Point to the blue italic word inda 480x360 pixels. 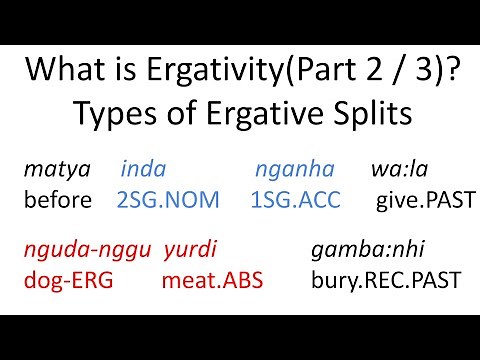click(143, 170)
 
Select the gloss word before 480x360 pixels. click(59, 199)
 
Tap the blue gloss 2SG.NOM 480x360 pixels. click(168, 199)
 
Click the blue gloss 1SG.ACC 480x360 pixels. click(296, 199)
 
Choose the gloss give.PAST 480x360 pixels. click(424, 199)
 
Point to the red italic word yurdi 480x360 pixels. click(189, 249)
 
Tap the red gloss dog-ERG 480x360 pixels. click(69, 279)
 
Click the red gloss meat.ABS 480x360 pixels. click(211, 279)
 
